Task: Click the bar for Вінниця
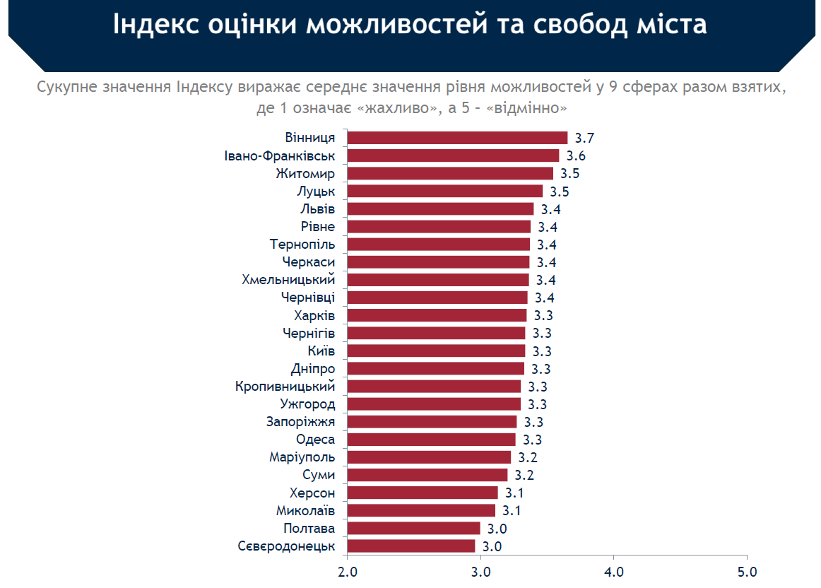[457, 138]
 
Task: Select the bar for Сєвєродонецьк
[411, 546]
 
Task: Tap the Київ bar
[436, 351]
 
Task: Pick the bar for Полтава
[413, 529]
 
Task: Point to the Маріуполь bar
[429, 457]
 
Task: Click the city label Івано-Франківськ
[280, 156]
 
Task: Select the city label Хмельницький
[288, 280]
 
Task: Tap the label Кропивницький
[285, 387]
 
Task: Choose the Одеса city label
[315, 440]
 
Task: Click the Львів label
[317, 209]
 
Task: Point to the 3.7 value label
[584, 139]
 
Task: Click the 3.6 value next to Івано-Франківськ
[576, 156]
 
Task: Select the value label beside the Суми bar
[524, 475]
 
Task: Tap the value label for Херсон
[514, 493]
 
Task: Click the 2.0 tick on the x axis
[347, 572]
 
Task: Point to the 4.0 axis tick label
[614, 572]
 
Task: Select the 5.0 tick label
[748, 572]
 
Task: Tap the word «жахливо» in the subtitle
[397, 108]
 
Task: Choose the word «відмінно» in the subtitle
[526, 108]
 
